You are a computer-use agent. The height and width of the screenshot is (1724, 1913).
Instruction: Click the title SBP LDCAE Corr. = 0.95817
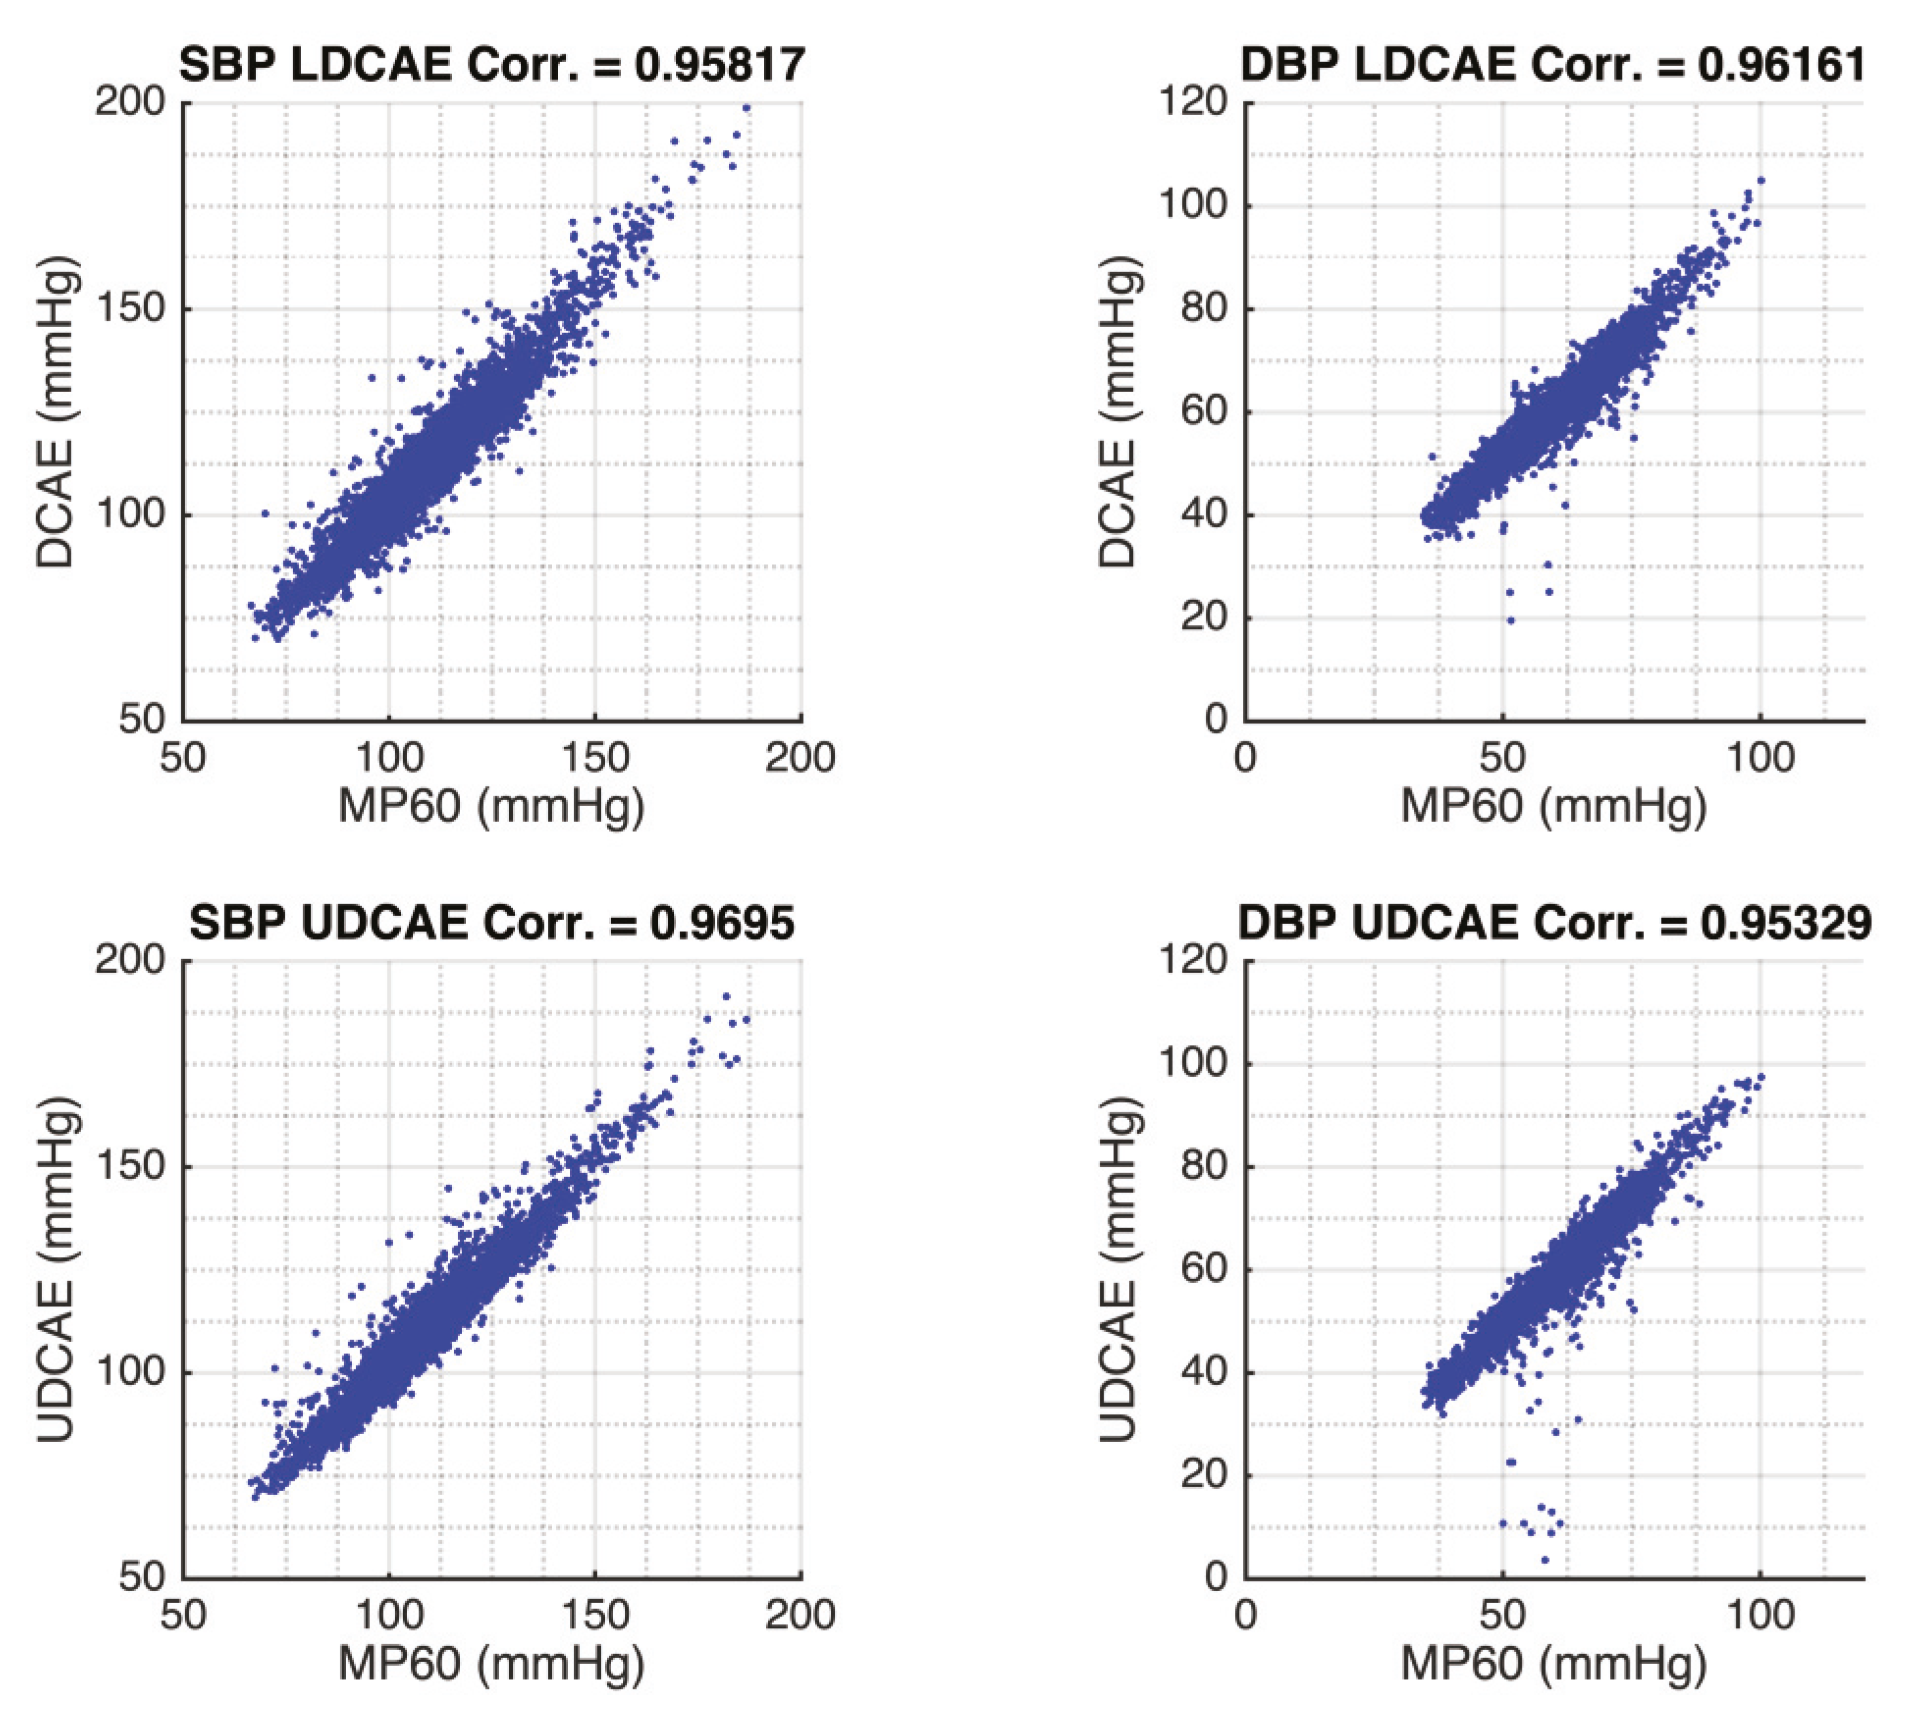pos(491,64)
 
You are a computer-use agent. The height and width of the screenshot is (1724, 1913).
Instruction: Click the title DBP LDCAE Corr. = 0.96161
pos(1553,64)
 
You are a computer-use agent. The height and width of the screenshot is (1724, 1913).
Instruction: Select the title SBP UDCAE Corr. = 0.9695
pos(491,923)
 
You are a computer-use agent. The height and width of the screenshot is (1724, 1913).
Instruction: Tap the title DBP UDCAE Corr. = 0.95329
pos(1554,923)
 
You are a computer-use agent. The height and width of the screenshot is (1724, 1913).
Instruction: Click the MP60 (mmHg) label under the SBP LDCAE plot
pos(491,805)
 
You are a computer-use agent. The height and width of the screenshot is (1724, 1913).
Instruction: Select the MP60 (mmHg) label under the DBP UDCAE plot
pos(1553,1663)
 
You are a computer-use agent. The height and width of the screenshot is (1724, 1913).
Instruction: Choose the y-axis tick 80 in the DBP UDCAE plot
pos(1202,1166)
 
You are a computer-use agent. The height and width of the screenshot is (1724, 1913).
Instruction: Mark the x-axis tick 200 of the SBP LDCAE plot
pos(800,757)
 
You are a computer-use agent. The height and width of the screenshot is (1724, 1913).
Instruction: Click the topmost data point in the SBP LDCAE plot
pos(746,108)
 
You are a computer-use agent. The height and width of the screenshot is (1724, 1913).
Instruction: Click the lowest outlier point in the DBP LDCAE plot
pos(1511,620)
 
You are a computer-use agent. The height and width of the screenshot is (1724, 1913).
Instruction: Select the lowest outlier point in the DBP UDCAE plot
pos(1545,1559)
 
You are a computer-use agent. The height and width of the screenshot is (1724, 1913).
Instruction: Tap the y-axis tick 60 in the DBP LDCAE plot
pos(1202,412)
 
